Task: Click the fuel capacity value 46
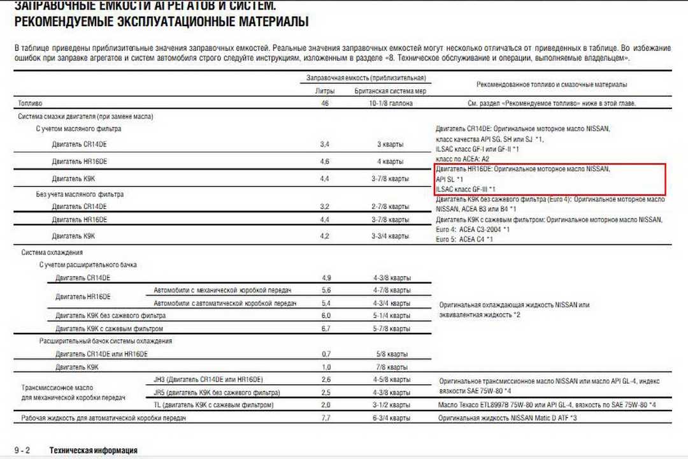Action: (325, 103)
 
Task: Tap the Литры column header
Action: (325, 91)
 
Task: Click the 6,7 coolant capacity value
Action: (326, 328)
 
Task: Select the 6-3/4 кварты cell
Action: (391, 418)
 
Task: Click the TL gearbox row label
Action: (214, 405)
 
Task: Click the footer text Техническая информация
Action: (93, 450)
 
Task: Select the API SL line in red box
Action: (450, 179)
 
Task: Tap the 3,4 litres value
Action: (324, 145)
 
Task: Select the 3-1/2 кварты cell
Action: (392, 405)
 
